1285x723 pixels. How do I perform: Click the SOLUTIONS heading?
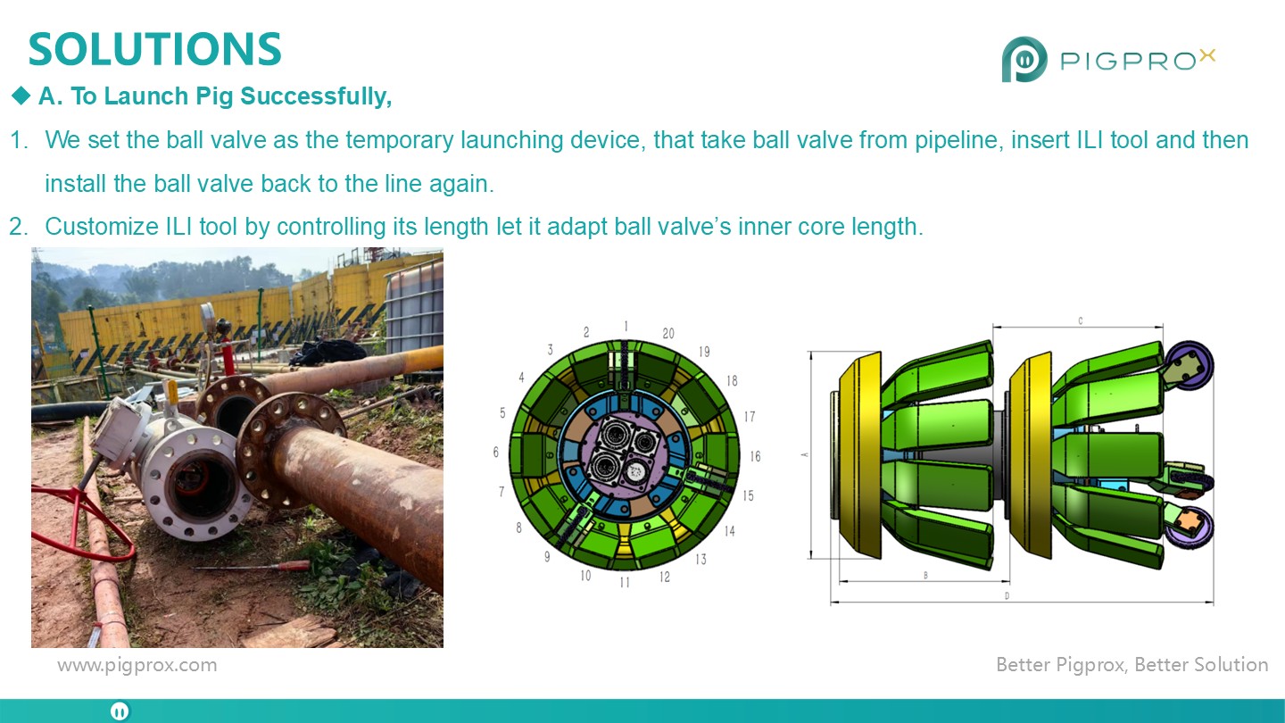pos(155,49)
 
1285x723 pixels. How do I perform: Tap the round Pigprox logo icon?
pos(1024,59)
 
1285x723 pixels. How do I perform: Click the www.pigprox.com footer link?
pos(137,665)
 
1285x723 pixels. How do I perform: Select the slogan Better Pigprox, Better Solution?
pos(1132,664)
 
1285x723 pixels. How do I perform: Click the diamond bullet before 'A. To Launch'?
pos(21,96)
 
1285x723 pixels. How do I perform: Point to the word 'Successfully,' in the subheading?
pos(316,96)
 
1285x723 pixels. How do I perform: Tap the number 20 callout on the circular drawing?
pos(668,334)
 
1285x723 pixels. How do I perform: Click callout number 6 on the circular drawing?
pos(495,453)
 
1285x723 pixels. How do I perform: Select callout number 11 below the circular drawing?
pos(625,582)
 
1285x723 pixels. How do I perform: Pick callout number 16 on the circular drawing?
pos(755,456)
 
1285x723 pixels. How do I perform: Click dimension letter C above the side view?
pos(1080,320)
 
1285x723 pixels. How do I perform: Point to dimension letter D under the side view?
pos(1007,596)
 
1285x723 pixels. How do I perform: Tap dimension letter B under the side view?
pos(925,575)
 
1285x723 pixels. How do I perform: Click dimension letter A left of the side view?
pos(805,454)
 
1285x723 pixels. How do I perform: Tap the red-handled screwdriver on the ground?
pos(253,566)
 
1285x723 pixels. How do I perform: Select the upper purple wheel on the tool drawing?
pos(1190,366)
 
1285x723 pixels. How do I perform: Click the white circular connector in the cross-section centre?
pos(635,471)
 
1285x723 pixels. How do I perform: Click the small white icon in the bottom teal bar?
pos(120,711)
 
